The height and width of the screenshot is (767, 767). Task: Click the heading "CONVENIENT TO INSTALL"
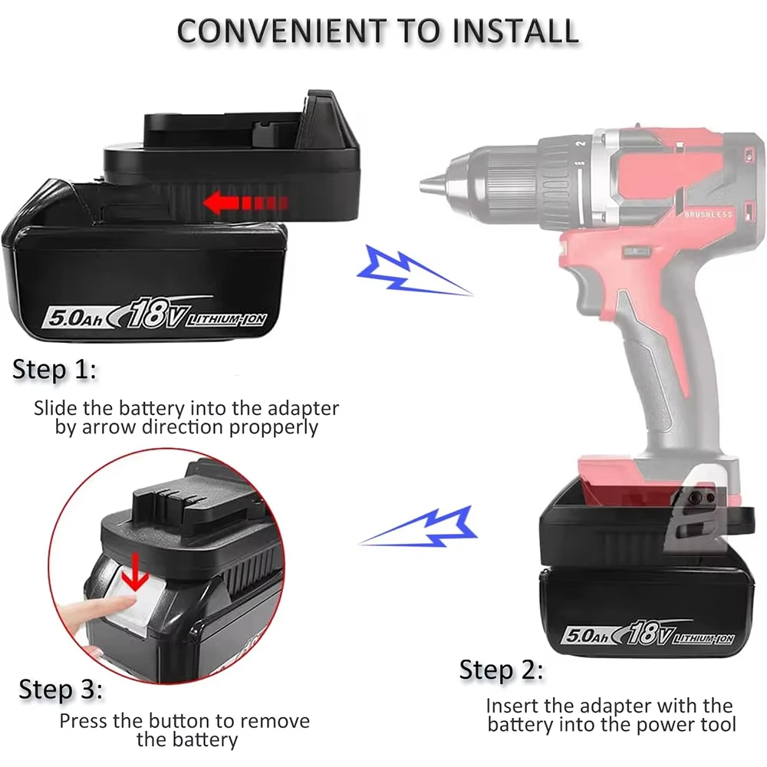pyautogui.click(x=377, y=30)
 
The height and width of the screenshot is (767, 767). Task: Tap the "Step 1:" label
pyautogui.click(x=54, y=370)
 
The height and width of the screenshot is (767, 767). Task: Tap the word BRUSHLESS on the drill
pyautogui.click(x=709, y=216)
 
